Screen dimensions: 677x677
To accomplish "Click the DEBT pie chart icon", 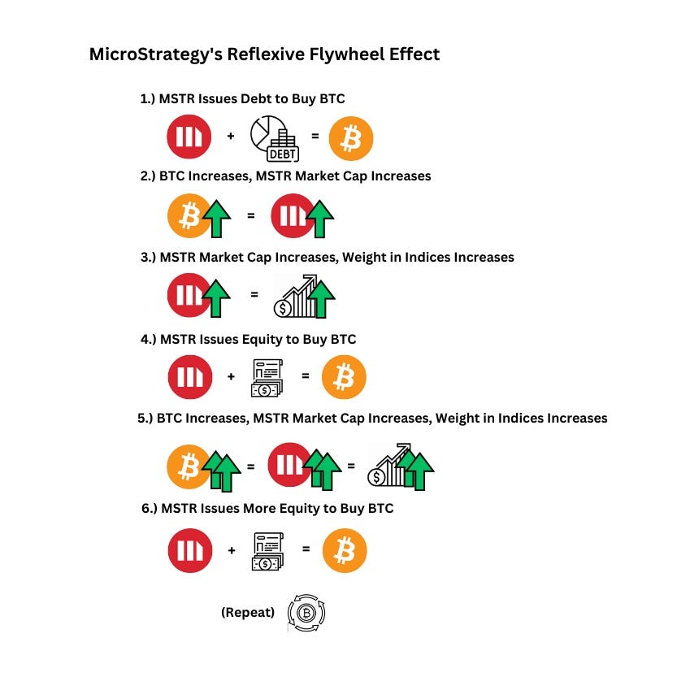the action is (x=274, y=137).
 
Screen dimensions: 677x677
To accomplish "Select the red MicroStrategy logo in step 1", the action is (x=189, y=137).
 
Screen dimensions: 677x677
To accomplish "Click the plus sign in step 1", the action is (x=231, y=137).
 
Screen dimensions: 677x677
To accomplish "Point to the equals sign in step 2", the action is (x=250, y=216).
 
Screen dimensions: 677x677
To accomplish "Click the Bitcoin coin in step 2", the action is (x=189, y=216).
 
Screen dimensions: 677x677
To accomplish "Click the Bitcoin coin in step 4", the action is (x=345, y=378).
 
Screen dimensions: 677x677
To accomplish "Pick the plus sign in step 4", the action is (x=231, y=377).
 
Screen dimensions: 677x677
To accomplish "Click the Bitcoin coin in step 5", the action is (x=188, y=467).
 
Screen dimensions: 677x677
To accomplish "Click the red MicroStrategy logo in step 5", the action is (x=289, y=466).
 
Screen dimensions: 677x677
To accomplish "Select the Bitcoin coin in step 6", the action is (x=345, y=552).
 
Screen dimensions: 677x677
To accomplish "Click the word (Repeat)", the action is (x=247, y=612).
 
